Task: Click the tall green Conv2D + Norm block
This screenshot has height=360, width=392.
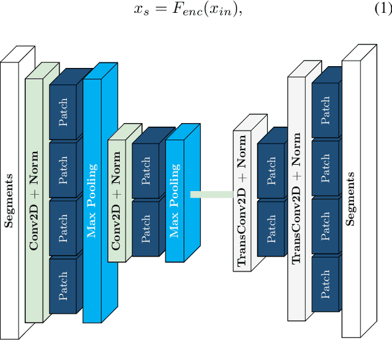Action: click(34, 200)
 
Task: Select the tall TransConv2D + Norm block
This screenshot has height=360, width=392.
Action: click(296, 198)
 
